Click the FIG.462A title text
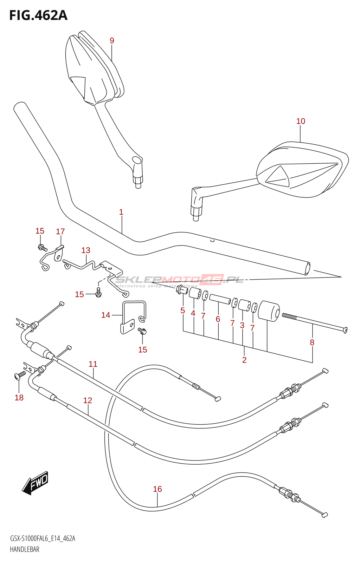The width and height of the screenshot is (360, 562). (x=38, y=15)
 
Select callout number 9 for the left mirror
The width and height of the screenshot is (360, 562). (x=112, y=41)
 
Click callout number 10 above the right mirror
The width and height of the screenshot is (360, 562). (x=301, y=121)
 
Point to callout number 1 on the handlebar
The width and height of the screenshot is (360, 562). (x=121, y=212)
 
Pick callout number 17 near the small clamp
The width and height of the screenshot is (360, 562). (x=60, y=231)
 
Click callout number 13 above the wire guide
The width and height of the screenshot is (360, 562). (x=86, y=250)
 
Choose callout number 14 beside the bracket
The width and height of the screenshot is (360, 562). (x=105, y=315)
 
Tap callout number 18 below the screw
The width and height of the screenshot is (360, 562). (x=19, y=398)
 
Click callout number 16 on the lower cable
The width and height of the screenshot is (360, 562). (x=157, y=489)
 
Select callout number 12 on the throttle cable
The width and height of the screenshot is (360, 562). (x=88, y=400)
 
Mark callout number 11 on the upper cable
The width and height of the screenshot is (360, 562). (x=93, y=364)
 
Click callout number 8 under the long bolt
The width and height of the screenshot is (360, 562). (x=312, y=342)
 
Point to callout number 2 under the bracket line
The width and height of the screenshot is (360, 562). (x=244, y=360)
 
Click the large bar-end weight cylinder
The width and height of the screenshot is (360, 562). (x=269, y=311)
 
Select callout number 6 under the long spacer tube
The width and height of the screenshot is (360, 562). (x=218, y=319)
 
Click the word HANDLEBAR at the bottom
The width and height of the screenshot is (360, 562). (x=25, y=549)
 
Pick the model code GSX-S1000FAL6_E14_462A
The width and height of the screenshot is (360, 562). (x=43, y=538)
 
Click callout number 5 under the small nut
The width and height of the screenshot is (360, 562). (x=183, y=311)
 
